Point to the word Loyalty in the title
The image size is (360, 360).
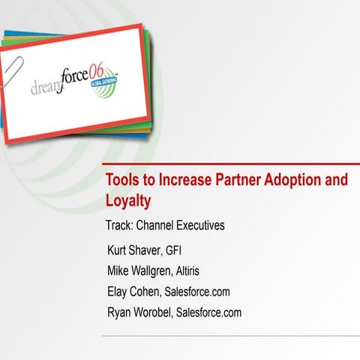(128, 201)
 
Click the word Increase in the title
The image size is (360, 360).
(174, 181)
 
